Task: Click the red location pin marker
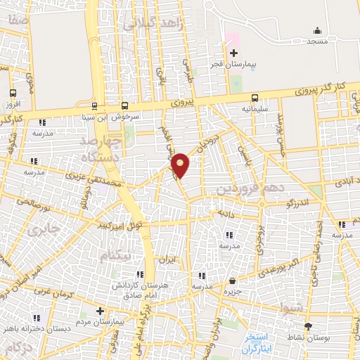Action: (181, 165)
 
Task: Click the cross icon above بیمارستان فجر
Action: (234, 53)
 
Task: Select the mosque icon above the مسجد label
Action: (316, 30)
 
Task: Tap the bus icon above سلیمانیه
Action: (255, 98)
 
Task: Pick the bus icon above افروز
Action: (13, 93)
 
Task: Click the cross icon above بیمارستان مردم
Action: (100, 310)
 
